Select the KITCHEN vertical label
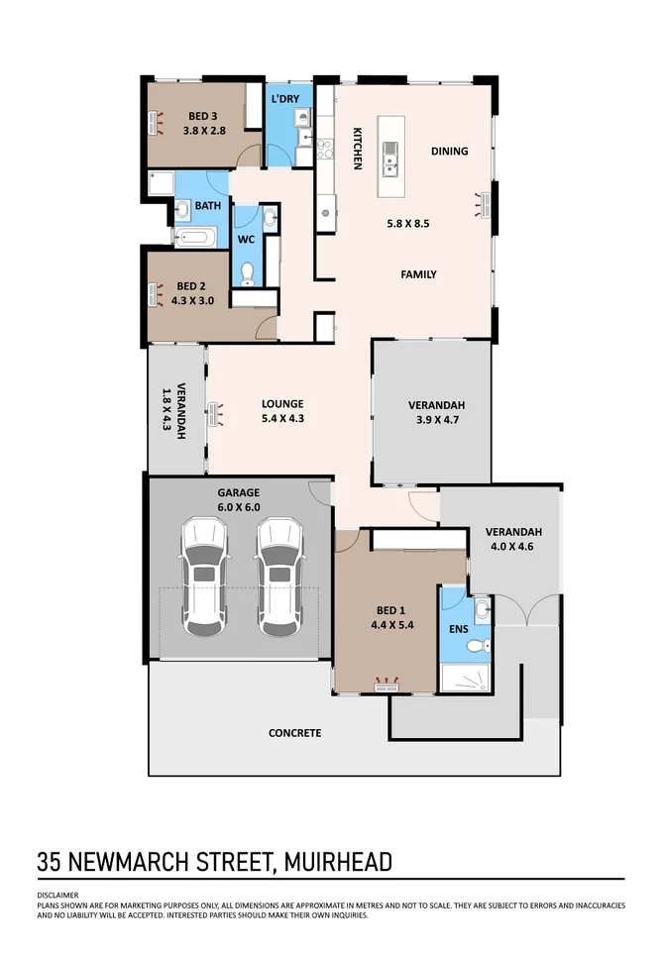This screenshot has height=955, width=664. (x=357, y=148)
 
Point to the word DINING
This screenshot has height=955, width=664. (x=449, y=152)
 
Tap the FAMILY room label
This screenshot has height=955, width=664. (x=418, y=274)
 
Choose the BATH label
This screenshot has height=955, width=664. (x=208, y=206)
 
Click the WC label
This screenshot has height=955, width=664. (x=246, y=240)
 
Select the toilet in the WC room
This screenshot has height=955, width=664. (x=248, y=273)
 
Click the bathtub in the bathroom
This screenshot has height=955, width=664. (x=194, y=238)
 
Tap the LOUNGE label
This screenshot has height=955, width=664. (x=282, y=404)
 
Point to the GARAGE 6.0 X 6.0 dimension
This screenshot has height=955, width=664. (x=238, y=506)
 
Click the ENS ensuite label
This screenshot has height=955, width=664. (x=459, y=629)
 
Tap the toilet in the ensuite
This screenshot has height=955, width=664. (x=477, y=646)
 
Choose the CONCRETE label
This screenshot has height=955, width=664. (x=295, y=733)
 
